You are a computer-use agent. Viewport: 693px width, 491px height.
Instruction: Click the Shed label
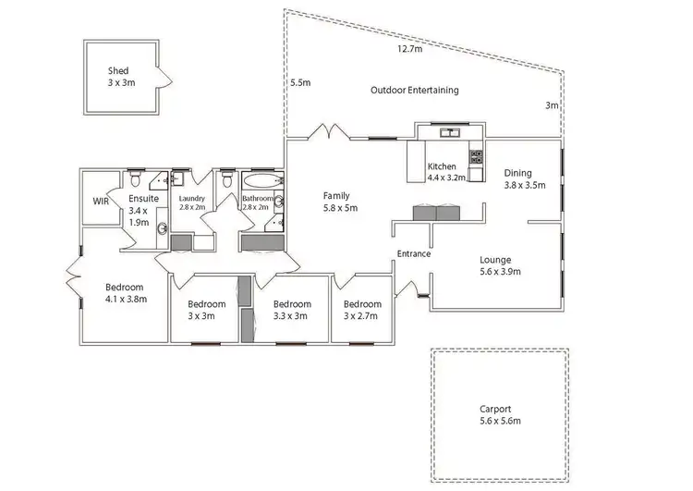tap(117, 70)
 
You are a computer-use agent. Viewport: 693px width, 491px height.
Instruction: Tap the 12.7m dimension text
tap(410, 49)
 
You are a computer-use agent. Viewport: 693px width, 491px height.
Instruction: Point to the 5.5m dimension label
tap(300, 82)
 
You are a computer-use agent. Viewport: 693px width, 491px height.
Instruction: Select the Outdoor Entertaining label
tap(414, 91)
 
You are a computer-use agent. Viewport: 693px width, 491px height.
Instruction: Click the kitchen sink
tap(451, 133)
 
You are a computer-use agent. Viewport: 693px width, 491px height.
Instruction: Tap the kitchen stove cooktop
tap(477, 156)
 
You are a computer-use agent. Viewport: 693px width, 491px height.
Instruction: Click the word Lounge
tap(495, 260)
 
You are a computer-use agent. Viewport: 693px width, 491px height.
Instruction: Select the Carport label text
tap(495, 409)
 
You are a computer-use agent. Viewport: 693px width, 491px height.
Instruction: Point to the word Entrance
tap(413, 253)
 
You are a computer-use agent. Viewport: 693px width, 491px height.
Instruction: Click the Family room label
tap(335, 196)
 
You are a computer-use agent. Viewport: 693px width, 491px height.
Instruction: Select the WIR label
tap(102, 201)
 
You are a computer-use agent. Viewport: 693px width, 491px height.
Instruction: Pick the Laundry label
tap(192, 198)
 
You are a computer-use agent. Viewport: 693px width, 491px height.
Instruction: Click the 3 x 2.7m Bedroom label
tap(361, 304)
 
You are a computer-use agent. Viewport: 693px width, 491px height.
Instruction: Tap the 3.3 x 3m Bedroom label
tap(292, 304)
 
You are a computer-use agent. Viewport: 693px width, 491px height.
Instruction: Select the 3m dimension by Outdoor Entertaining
tap(552, 106)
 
